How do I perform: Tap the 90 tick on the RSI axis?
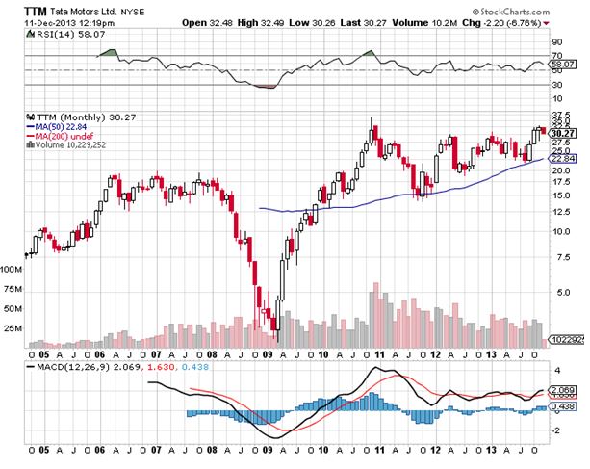pyautogui.click(x=555, y=42)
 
